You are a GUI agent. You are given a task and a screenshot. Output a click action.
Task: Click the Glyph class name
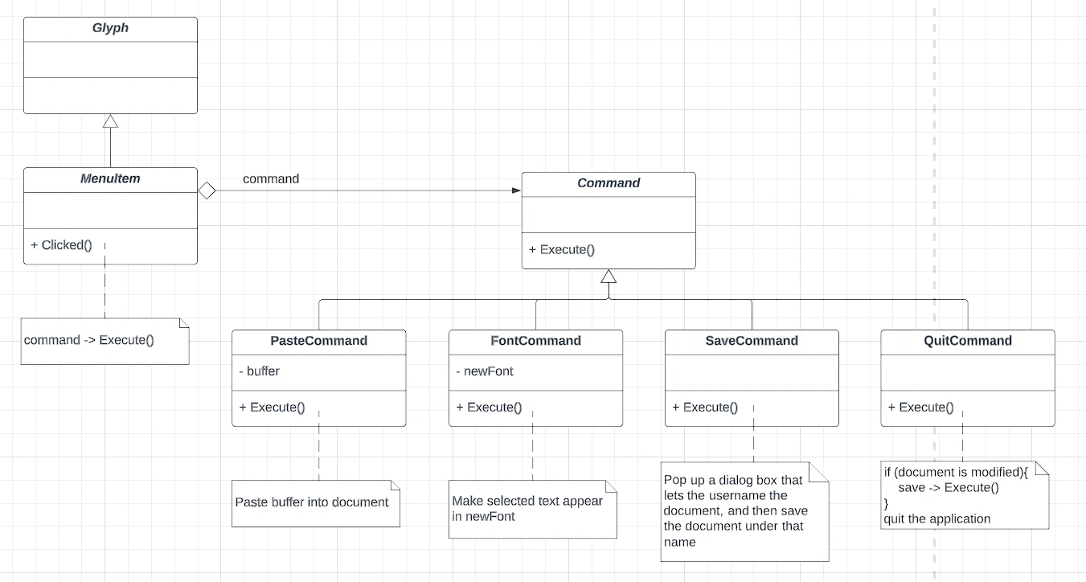pyautogui.click(x=111, y=28)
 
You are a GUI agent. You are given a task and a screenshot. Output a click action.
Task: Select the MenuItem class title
pyautogui.click(x=111, y=178)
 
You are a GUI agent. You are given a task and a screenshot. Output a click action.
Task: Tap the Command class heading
pyautogui.click(x=609, y=182)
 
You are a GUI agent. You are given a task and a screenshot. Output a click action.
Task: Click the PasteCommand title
pyautogui.click(x=319, y=341)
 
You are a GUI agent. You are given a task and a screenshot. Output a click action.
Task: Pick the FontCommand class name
pyautogui.click(x=535, y=341)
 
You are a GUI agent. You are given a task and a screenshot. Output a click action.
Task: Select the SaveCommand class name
pyautogui.click(x=752, y=341)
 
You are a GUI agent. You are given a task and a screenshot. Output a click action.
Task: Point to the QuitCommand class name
pyautogui.click(x=968, y=341)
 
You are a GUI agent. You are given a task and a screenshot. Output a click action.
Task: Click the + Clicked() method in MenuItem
pyautogui.click(x=61, y=245)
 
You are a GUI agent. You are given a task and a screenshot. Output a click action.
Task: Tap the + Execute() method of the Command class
pyautogui.click(x=561, y=250)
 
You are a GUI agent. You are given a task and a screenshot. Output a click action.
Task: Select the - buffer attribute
pyautogui.click(x=260, y=371)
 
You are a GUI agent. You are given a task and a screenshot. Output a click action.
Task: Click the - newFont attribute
pyautogui.click(x=485, y=371)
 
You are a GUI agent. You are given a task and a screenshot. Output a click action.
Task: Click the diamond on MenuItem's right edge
pyautogui.click(x=207, y=191)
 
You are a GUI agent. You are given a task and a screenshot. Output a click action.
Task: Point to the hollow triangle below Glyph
pyautogui.click(x=111, y=121)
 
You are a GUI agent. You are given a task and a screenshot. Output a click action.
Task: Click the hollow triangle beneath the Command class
pyautogui.click(x=609, y=277)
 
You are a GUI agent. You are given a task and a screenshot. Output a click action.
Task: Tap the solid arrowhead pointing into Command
pyautogui.click(x=517, y=191)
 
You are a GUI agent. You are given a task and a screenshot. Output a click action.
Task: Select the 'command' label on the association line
pyautogui.click(x=271, y=179)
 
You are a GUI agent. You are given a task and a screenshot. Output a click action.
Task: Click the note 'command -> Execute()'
pyautogui.click(x=105, y=342)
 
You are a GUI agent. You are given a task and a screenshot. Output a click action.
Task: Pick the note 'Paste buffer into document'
pyautogui.click(x=316, y=503)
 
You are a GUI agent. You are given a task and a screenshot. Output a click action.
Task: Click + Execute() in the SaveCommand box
pyautogui.click(x=705, y=408)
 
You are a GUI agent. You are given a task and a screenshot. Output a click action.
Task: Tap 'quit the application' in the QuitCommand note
pyautogui.click(x=936, y=519)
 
